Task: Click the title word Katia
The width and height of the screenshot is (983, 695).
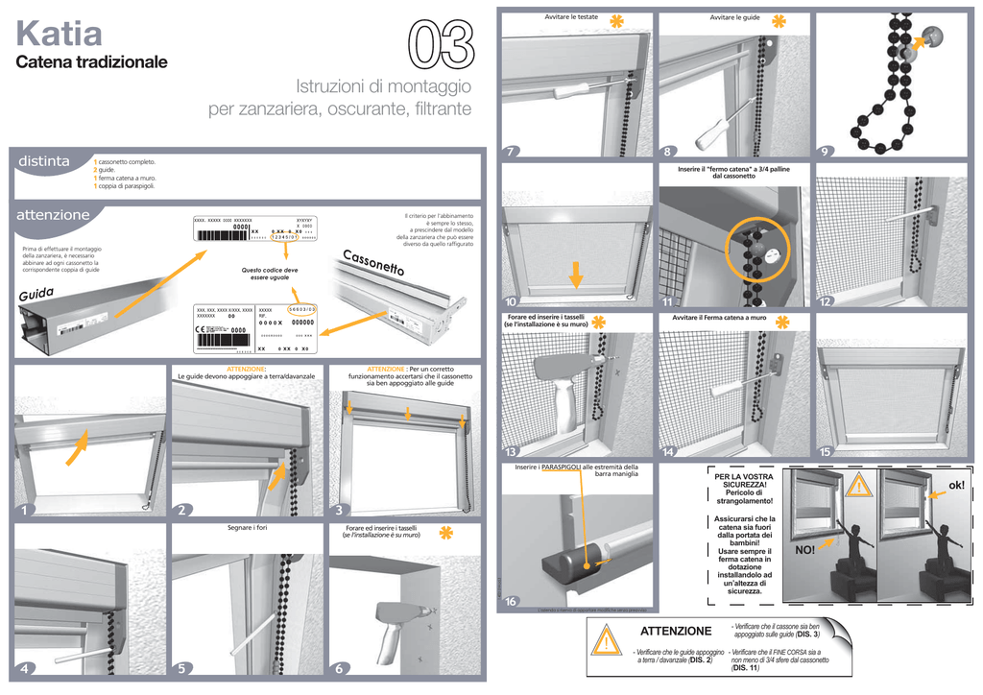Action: (x=60, y=35)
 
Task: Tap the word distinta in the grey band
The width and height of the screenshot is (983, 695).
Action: (x=44, y=162)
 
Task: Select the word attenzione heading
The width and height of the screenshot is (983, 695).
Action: (x=54, y=215)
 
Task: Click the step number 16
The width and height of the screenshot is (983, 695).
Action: (x=512, y=602)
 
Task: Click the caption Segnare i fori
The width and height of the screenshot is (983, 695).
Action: (x=247, y=529)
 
